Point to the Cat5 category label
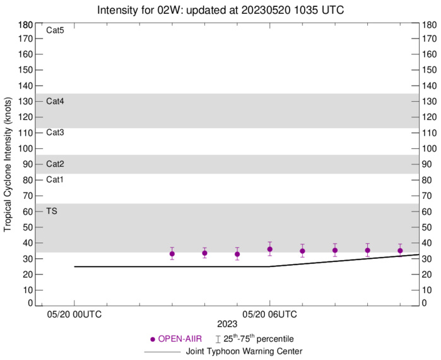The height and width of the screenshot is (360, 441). [x=55, y=30]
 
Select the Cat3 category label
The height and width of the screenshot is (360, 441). [x=55, y=133]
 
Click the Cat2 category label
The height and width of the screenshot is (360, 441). [x=55, y=164]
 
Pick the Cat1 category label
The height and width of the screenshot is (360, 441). [x=55, y=180]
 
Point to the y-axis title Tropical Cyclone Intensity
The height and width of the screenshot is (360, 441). [x=9, y=164]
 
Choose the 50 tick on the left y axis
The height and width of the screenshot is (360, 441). [x=28, y=227]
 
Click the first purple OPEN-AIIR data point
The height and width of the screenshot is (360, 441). [x=172, y=254]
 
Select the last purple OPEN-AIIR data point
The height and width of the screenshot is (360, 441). [x=400, y=251]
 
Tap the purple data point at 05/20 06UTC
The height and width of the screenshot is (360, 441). [x=270, y=249]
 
